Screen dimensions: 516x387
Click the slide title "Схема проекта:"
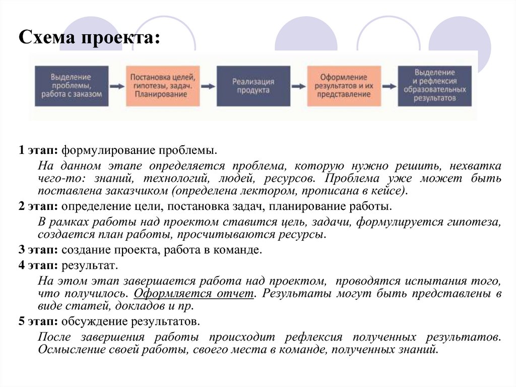click(89, 37)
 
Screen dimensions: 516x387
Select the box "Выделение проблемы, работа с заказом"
click(72, 86)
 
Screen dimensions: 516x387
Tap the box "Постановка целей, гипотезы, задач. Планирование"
click(163, 86)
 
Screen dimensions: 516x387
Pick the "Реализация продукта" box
click(253, 86)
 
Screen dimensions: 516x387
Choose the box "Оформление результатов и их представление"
click(344, 86)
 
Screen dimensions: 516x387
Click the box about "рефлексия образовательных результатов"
click(435, 86)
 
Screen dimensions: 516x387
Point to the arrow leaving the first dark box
click(117, 86)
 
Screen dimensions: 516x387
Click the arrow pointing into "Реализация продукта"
click(208, 86)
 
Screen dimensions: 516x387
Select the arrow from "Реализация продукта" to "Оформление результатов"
click(299, 86)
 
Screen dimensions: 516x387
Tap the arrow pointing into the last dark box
click(390, 86)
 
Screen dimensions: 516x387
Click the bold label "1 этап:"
click(38, 150)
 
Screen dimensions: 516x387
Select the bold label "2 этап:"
click(38, 206)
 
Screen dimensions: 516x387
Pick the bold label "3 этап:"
click(38, 250)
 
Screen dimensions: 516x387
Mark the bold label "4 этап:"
click(38, 265)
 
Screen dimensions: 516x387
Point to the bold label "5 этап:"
click(38, 321)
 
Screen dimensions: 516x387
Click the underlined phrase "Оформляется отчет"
click(194, 293)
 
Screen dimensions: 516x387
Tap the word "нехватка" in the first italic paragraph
click(475, 165)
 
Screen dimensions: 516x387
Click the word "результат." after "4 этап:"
click(90, 266)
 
